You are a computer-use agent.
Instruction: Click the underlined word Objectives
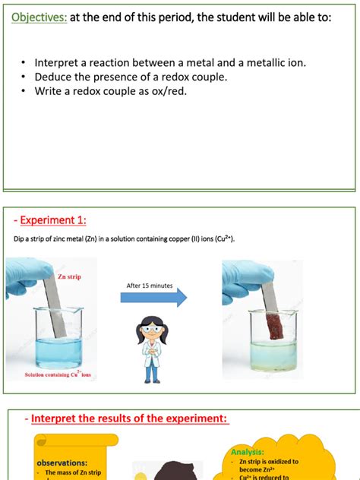click(37, 17)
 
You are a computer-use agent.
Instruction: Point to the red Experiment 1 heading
click(50, 220)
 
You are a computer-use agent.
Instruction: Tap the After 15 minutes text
click(149, 286)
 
